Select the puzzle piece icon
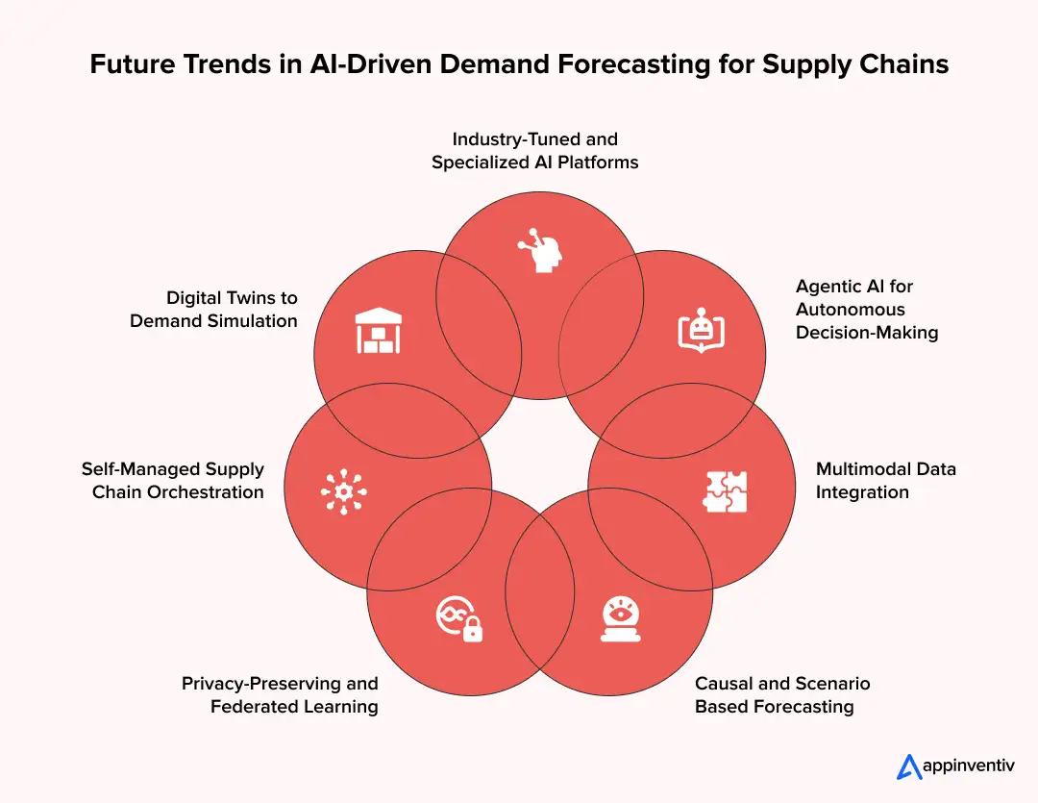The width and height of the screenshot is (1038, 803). click(725, 490)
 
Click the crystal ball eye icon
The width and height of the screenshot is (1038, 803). click(620, 617)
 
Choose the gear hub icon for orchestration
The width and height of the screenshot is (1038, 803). click(343, 491)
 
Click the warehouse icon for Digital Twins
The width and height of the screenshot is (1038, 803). click(378, 331)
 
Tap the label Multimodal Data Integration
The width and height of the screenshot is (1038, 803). click(885, 481)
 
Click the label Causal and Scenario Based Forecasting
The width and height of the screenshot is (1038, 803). click(781, 695)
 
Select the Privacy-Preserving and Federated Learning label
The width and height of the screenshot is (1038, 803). click(280, 695)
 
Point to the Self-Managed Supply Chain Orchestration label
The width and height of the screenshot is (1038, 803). click(173, 481)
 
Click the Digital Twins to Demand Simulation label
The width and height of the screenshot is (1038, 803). click(213, 309)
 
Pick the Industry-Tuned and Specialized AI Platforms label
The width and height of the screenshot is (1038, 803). click(534, 151)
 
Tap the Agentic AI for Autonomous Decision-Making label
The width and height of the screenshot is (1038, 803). click(866, 309)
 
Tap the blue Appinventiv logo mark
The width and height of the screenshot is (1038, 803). click(909, 766)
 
